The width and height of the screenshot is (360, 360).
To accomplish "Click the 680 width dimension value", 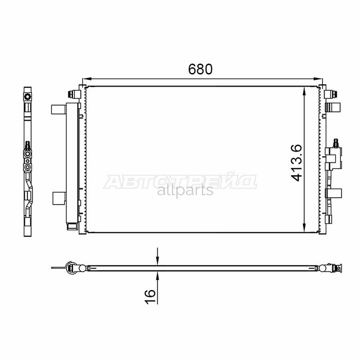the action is pos(200,69).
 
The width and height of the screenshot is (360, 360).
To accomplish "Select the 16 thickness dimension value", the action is pos(150,296).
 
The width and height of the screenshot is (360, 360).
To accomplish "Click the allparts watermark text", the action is pos(185,190).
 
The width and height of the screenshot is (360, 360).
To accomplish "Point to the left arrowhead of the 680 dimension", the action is pos(86,79).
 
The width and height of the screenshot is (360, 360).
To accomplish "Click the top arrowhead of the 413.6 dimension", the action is pos(304,91).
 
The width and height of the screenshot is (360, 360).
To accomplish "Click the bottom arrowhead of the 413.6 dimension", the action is pos(304,227).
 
